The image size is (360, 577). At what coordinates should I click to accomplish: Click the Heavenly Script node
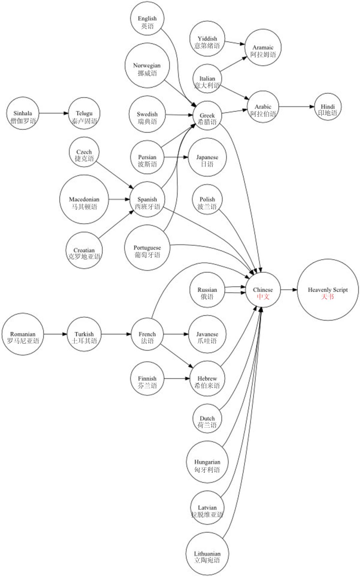click(328, 290)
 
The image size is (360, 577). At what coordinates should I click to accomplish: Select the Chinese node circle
click(263, 290)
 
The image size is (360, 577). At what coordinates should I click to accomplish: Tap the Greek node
click(207, 115)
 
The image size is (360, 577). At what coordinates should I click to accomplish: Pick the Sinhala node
click(23, 113)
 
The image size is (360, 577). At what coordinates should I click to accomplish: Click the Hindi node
click(328, 107)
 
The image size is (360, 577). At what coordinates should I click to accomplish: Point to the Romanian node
click(23, 334)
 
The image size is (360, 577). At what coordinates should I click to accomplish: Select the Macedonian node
click(84, 199)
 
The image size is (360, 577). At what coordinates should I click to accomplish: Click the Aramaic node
click(263, 47)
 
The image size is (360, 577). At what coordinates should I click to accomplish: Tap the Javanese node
click(207, 334)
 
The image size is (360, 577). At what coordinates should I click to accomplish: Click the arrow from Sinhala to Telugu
click(54, 113)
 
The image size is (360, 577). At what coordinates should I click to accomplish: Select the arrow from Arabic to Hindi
click(296, 107)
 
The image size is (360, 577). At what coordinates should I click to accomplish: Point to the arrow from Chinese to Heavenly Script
click(289, 290)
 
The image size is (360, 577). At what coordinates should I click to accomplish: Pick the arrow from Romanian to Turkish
click(55, 334)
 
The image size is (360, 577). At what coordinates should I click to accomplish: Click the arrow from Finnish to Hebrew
click(177, 379)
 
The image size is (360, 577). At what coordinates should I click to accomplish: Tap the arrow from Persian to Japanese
click(176, 157)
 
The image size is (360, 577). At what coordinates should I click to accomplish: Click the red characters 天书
click(327, 297)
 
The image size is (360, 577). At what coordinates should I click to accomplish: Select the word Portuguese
click(147, 248)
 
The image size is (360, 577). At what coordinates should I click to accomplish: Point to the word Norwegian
click(147, 66)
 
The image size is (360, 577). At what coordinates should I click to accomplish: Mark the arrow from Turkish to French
click(116, 334)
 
